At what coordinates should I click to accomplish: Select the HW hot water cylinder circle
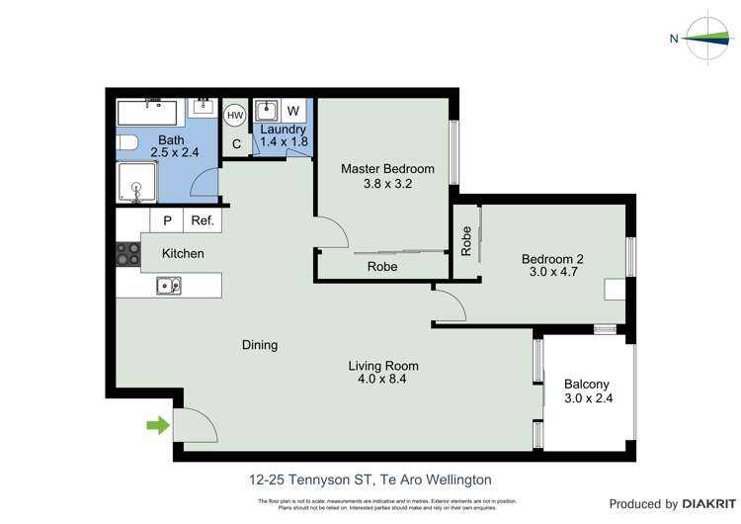[x=235, y=116]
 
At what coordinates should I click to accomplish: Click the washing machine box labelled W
[x=293, y=111]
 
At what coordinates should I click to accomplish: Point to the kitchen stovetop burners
[x=128, y=254]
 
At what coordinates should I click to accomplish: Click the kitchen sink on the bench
[x=167, y=287]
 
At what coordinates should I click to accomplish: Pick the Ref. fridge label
[x=203, y=221]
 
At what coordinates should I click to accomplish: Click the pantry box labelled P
[x=167, y=221]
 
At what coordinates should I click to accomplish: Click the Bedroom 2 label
[x=552, y=259]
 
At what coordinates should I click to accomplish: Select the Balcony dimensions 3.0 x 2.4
[x=587, y=399]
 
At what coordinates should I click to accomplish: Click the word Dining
[x=260, y=345]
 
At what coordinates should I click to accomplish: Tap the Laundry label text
[x=283, y=130]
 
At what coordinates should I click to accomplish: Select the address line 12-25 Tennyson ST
[x=370, y=480]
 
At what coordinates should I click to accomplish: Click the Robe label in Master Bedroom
[x=382, y=267]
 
